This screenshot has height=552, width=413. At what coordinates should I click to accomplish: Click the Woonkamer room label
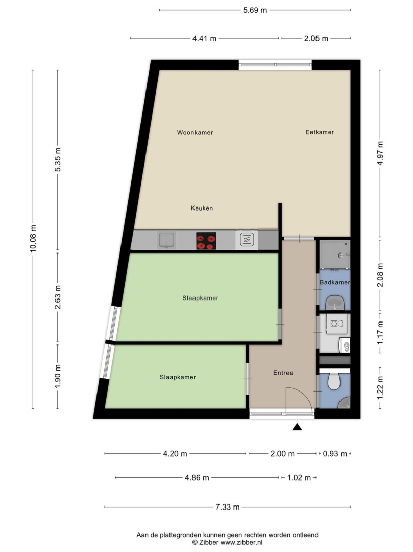[x=195, y=133]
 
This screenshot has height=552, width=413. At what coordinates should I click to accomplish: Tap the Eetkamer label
[x=320, y=132]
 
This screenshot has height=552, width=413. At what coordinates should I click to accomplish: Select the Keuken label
[x=202, y=208]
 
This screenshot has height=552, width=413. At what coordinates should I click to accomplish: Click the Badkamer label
[x=334, y=282]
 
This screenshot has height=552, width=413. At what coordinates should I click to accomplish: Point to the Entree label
[x=283, y=373]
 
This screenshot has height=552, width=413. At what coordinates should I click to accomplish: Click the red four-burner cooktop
[x=206, y=241]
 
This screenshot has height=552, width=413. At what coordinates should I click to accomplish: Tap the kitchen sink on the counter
[x=166, y=240]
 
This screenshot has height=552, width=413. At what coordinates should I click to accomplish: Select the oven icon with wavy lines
[x=247, y=240]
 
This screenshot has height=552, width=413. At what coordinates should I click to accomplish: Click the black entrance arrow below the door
[x=297, y=427]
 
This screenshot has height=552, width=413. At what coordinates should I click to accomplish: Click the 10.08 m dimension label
[x=33, y=238]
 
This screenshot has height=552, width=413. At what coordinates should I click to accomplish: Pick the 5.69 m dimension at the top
[x=255, y=10]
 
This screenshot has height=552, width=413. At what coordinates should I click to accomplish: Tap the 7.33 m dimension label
[x=227, y=507]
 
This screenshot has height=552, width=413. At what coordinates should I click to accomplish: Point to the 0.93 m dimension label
[x=335, y=454]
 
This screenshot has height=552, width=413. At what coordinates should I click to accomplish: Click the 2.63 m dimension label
[x=58, y=297]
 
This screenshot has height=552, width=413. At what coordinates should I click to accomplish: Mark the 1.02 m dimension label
[x=299, y=478]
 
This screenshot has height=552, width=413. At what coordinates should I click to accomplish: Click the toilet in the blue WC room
[x=333, y=382]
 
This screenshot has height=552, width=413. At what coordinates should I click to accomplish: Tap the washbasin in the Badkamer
[x=334, y=303]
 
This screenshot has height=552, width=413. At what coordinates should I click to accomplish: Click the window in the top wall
[x=275, y=64]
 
